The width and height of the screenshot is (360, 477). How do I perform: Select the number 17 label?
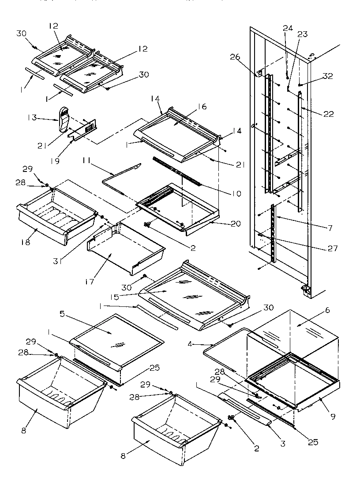(x=90, y=281)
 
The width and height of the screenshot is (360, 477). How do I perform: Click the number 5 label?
(x=62, y=314)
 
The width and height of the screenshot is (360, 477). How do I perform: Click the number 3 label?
(x=283, y=443)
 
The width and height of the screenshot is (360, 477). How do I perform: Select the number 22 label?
(x=327, y=113)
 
